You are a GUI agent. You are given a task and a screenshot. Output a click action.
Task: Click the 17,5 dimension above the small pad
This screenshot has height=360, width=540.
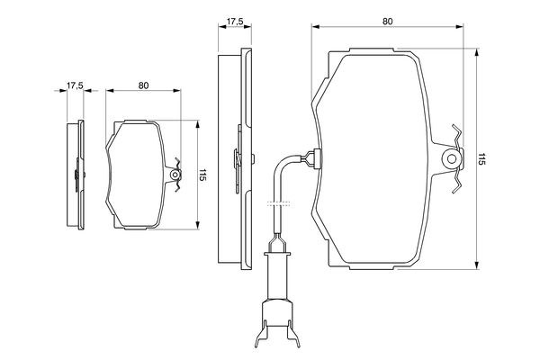pyautogui.click(x=75, y=85)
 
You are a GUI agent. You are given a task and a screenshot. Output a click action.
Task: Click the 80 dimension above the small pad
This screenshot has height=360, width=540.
pyautogui.click(x=143, y=85)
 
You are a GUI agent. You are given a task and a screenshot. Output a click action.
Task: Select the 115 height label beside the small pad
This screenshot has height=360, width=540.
pyautogui.click(x=202, y=175)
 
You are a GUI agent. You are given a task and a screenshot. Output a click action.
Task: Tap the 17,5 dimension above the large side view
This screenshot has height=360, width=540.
pyautogui.click(x=235, y=22)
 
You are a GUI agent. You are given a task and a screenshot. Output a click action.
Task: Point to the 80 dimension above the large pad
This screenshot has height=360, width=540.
pyautogui.click(x=387, y=22)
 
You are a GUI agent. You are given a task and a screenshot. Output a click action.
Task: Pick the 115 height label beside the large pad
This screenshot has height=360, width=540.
pyautogui.click(x=481, y=158)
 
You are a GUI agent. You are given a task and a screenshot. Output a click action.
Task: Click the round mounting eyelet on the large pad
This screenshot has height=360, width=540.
pyautogui.click(x=452, y=158)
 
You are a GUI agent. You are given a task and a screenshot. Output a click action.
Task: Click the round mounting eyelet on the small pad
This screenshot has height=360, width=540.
pyautogui.click(x=175, y=175)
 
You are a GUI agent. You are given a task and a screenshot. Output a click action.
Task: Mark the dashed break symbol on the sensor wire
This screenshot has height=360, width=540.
pyautogui.click(x=278, y=203)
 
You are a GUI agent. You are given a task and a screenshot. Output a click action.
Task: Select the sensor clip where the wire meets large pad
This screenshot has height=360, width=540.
pyautogui.click(x=314, y=158)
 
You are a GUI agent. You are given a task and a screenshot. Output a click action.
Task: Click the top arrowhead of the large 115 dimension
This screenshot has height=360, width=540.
pyautogui.click(x=477, y=52)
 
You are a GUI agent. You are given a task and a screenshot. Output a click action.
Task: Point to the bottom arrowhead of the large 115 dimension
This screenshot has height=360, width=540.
pyautogui.click(x=477, y=265)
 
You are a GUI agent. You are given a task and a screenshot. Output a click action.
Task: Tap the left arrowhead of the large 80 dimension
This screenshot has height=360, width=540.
pyautogui.click(x=316, y=27)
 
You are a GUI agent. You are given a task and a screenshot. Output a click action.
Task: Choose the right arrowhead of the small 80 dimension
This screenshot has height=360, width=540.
pyautogui.click(x=177, y=91)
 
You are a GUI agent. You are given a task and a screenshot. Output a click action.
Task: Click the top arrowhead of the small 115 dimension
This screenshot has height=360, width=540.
pyautogui.click(x=197, y=124)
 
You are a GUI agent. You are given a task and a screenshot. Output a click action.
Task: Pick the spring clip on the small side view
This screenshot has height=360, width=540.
pyautogui.click(x=77, y=175)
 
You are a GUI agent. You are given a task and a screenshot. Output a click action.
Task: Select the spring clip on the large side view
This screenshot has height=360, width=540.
pyautogui.click(x=238, y=158)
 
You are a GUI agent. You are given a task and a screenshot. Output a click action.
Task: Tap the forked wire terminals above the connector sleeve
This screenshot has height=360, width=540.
pyautogui.click(x=277, y=242)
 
